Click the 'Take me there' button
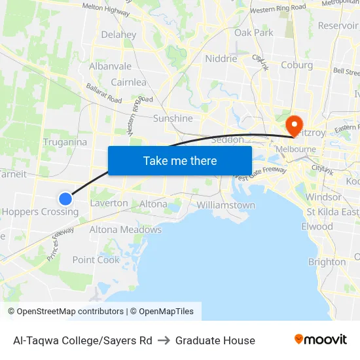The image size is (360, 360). click(x=180, y=160)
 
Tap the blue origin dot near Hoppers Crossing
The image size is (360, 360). click(x=65, y=198)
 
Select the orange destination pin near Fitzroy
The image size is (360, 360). click(x=293, y=125)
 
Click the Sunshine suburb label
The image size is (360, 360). click(x=173, y=118)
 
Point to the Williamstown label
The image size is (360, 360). click(x=226, y=205)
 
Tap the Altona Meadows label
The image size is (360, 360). click(x=125, y=230)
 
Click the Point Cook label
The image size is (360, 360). click(x=96, y=260)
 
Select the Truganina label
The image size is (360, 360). click(x=65, y=142)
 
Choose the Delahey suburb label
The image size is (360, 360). click(x=118, y=35)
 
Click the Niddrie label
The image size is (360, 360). click(x=221, y=58)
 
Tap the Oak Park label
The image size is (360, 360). click(x=254, y=32)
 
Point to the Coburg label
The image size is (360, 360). click(x=297, y=65)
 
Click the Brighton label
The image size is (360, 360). click(x=327, y=262)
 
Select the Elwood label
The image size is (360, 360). click(x=317, y=226)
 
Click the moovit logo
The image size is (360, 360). click(x=321, y=339)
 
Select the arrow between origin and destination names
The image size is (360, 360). click(x=164, y=340)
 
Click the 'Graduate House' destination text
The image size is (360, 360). click(x=215, y=340)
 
